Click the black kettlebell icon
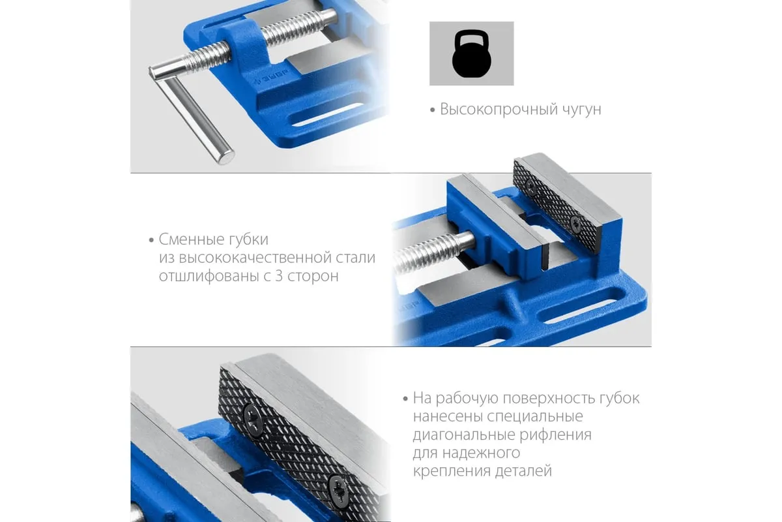click(472, 54)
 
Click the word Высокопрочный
click(499, 110)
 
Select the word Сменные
click(192, 239)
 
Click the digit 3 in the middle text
click(279, 276)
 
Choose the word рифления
click(556, 435)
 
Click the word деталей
click(524, 471)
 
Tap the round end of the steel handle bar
click(226, 157)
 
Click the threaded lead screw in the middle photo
click(433, 251)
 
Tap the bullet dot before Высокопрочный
click(433, 110)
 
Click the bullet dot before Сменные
click(151, 241)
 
